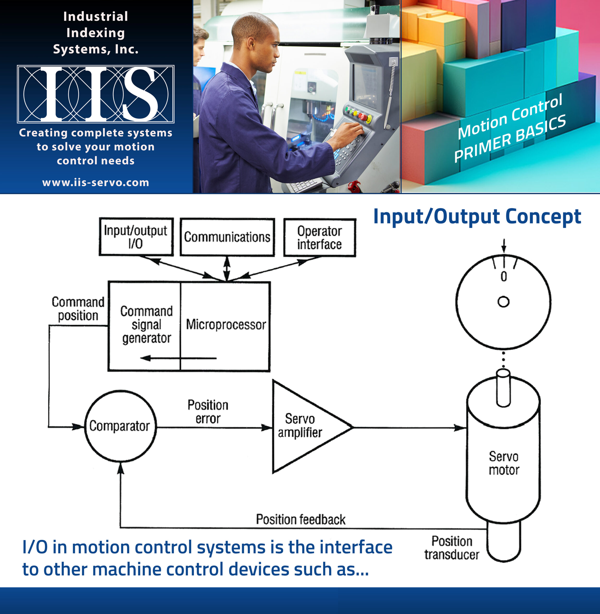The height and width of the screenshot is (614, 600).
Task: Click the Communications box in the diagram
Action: tap(227, 237)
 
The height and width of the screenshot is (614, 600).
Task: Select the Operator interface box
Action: tap(320, 237)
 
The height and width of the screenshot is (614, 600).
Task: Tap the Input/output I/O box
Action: tap(136, 237)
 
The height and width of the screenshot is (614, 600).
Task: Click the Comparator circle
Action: tap(120, 426)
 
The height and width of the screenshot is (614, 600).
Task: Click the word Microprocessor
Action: tap(226, 325)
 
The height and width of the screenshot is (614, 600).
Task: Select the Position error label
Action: tap(208, 412)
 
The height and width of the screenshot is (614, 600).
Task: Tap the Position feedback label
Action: tap(301, 519)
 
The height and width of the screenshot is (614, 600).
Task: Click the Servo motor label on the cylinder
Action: tap(503, 463)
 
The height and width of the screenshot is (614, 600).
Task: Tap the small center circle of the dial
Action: tap(503, 302)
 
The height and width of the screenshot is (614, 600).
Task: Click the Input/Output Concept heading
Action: tap(477, 217)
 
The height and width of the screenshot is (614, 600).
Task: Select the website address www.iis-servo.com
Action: tap(96, 183)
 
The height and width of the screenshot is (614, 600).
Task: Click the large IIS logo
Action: tap(96, 94)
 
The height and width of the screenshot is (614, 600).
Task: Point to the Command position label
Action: tap(78, 309)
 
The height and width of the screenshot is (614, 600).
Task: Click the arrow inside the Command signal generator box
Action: tap(178, 358)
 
